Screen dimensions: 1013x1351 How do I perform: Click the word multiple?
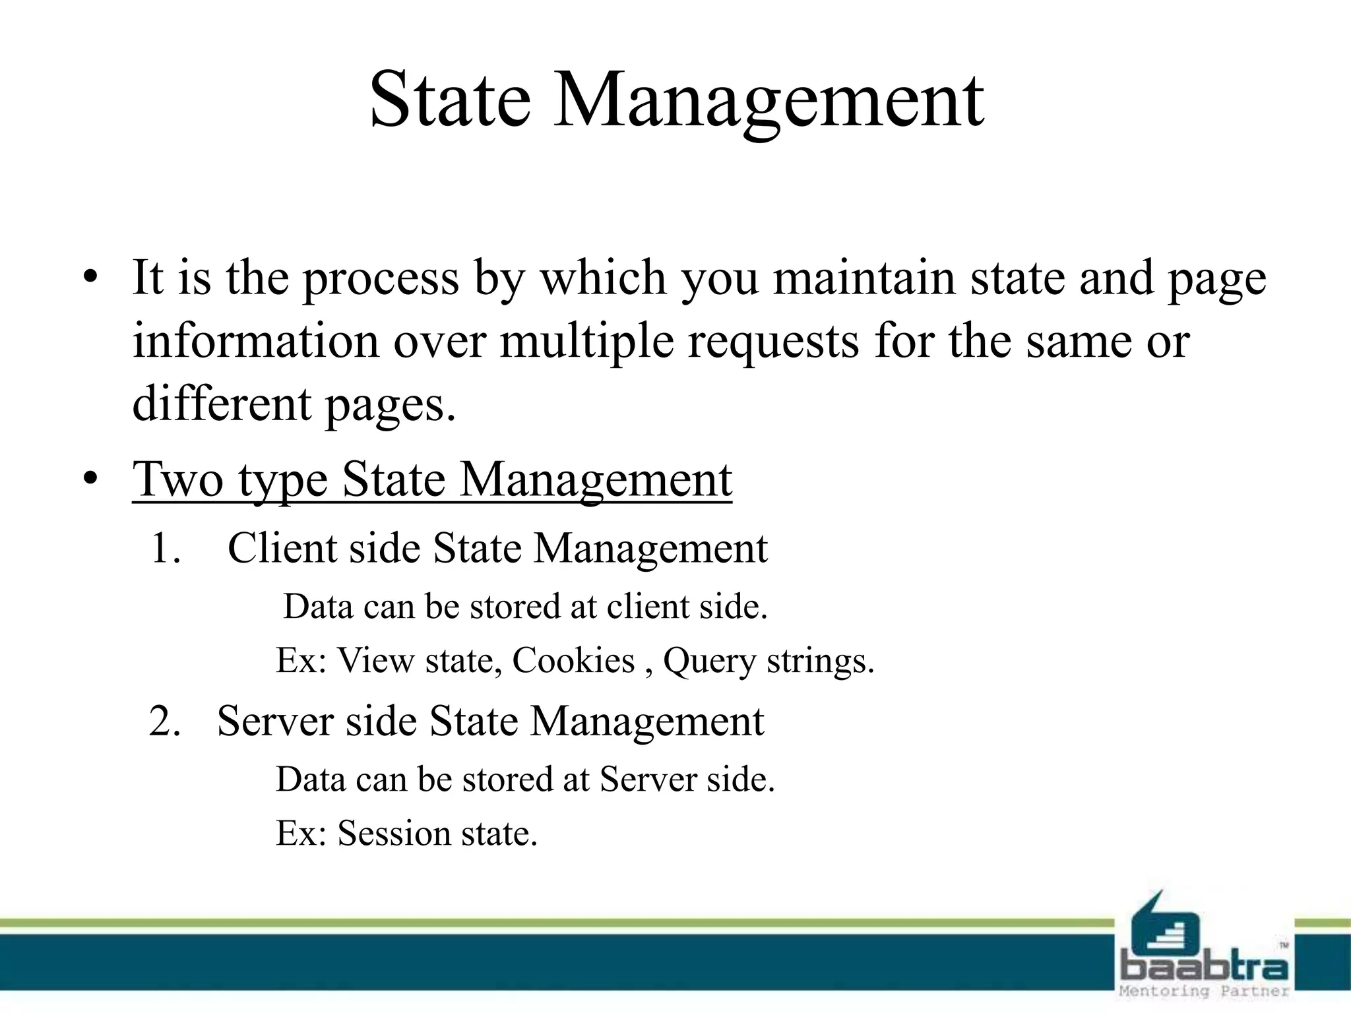click(586, 343)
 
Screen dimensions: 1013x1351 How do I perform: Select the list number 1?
click(164, 549)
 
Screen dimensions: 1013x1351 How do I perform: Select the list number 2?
click(165, 721)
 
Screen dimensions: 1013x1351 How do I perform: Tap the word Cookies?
click(573, 660)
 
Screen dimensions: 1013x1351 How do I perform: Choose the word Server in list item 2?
click(275, 721)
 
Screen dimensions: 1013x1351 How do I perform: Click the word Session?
click(394, 834)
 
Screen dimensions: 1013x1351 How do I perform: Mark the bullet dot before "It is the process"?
click(90, 278)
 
